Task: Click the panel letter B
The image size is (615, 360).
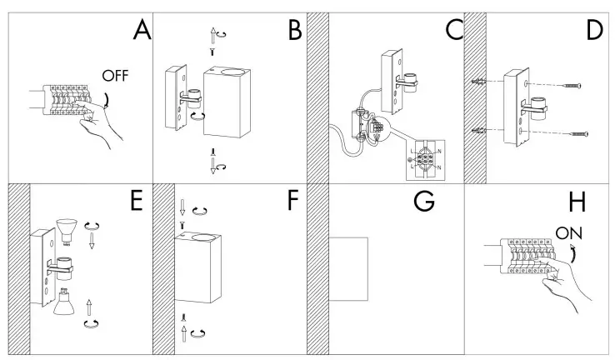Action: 293,31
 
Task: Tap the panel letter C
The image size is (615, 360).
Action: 454,29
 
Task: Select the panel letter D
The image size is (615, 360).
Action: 593,30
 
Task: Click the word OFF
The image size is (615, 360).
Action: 116,76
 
